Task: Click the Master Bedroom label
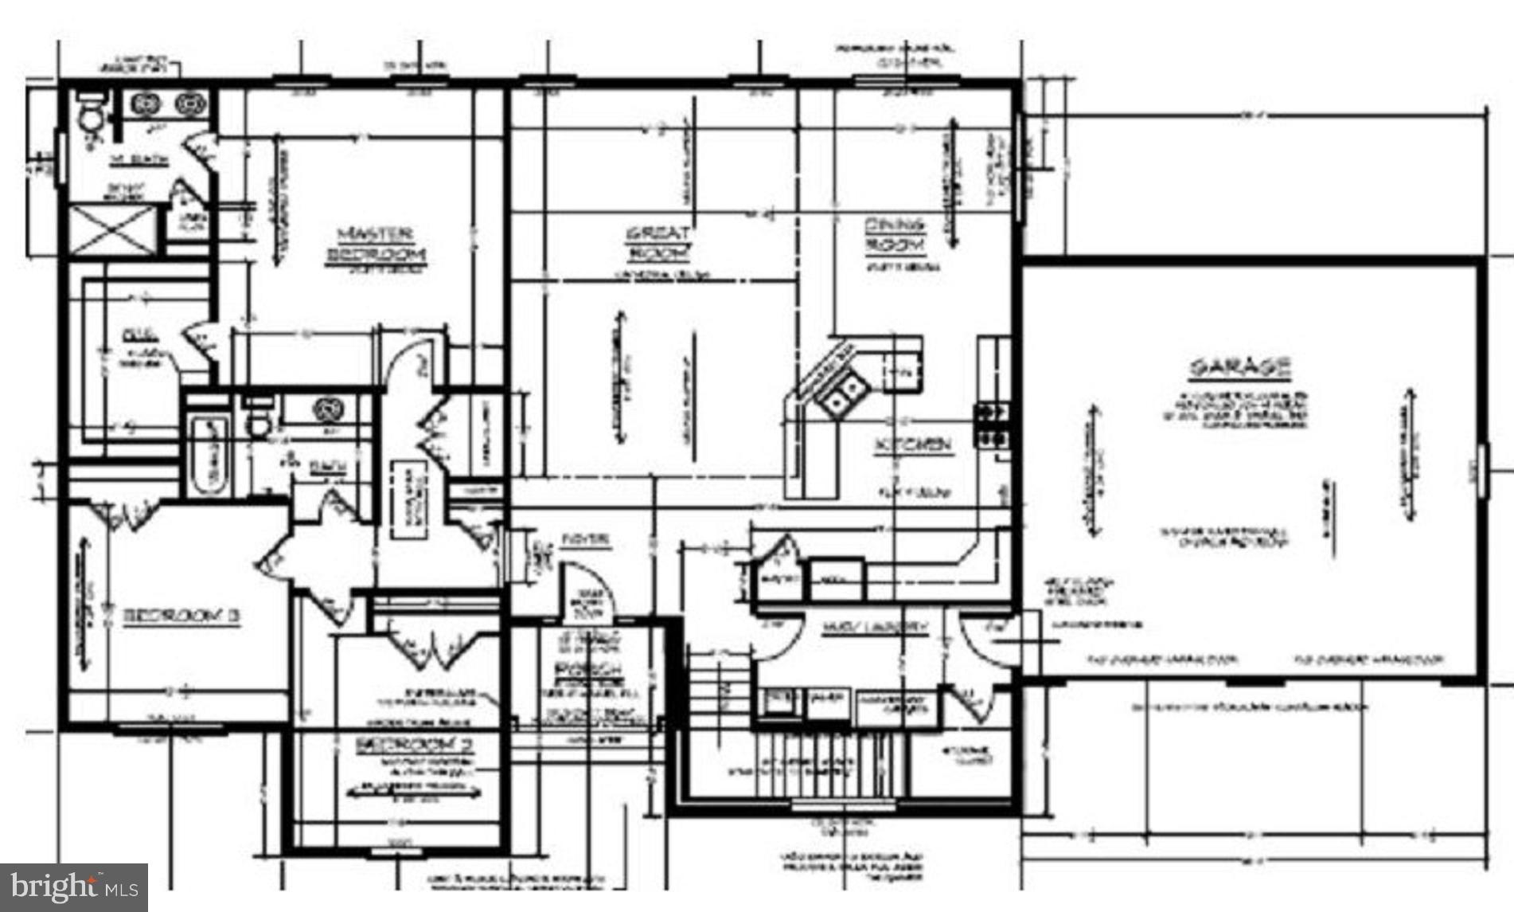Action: (376, 245)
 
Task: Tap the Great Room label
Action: (659, 244)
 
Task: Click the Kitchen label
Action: (913, 445)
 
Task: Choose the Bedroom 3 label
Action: (181, 616)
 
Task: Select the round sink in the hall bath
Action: (327, 409)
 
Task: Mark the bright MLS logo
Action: (74, 887)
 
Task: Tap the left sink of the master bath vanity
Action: (146, 104)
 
